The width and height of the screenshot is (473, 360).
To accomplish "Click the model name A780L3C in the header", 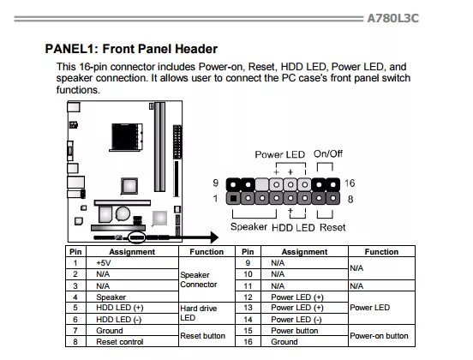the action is (392, 18).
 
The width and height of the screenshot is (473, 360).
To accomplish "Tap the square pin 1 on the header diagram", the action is (233, 198).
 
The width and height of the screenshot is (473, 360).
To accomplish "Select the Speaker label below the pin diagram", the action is (248, 226).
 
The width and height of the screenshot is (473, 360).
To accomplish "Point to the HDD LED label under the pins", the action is (293, 227).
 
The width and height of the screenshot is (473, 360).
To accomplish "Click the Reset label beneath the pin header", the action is (332, 227).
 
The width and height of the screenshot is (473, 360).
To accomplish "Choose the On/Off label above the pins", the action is (328, 154).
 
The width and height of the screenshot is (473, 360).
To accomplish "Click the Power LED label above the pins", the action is (280, 154).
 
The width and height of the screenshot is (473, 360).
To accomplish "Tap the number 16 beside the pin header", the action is (350, 183).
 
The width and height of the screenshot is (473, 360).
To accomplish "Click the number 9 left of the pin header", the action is (215, 183).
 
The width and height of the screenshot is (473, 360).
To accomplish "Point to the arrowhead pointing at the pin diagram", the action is (214, 237).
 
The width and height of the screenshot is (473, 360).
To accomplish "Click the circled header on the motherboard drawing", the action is (136, 237).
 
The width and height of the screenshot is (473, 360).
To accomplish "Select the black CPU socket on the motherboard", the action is (127, 136).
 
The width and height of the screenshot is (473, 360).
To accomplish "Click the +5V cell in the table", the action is (104, 263).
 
